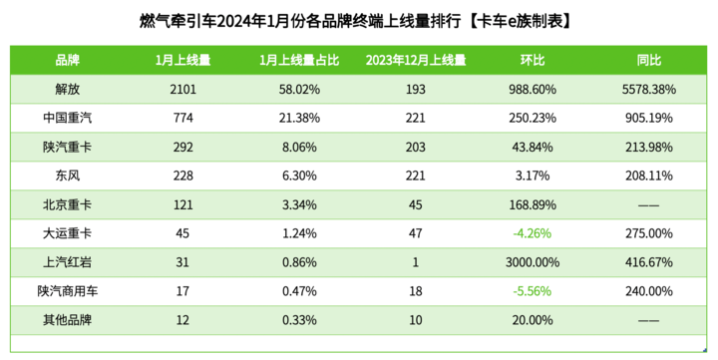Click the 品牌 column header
tap(68, 60)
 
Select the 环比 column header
tap(533, 60)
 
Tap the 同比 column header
tap(649, 60)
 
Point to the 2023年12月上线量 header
tap(415, 60)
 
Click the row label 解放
tap(68, 89)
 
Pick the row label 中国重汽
tap(68, 118)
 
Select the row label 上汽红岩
tap(68, 262)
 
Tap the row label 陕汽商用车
tap(68, 291)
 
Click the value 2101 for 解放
tap(182, 90)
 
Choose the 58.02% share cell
tap(299, 90)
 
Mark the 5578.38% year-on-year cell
tap(649, 90)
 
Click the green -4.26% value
tap(533, 233)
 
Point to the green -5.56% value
tap(533, 291)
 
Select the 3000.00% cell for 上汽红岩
tap(533, 262)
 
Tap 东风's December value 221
tap(415, 176)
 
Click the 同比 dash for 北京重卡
tap(649, 205)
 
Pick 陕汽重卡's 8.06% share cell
tap(299, 147)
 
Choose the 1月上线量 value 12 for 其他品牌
tap(182, 320)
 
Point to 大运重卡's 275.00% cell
tap(649, 233)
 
